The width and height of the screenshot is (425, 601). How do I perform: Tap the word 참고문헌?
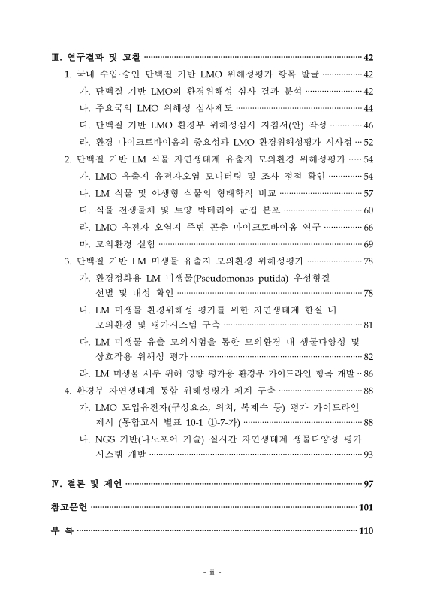point(64,508)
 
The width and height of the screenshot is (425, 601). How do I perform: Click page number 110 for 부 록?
point(366,532)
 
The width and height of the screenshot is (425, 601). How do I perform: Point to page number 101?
point(366,508)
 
